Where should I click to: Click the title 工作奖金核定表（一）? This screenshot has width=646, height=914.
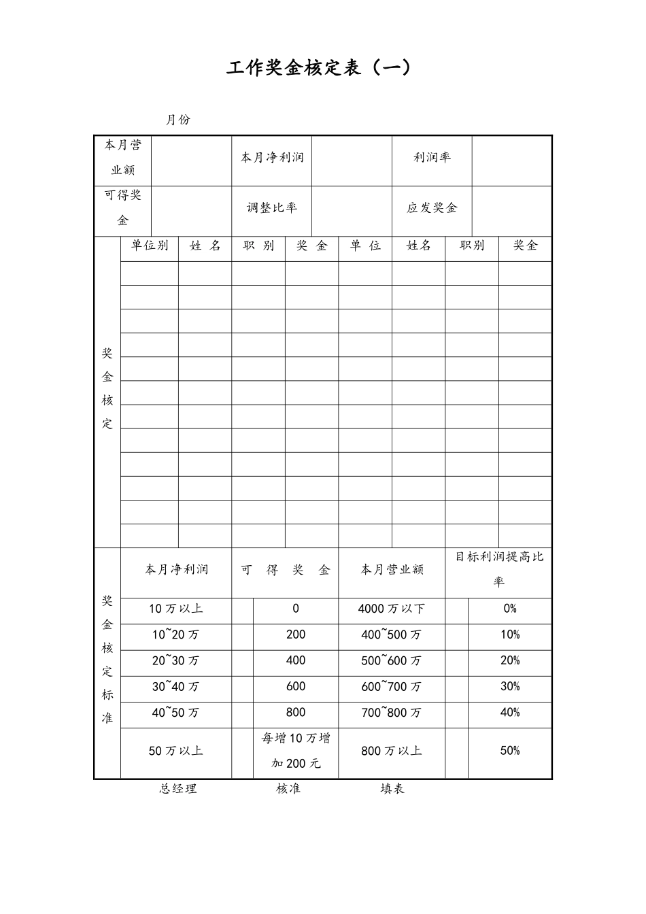pos(319,69)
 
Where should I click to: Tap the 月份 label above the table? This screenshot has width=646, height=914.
pos(178,120)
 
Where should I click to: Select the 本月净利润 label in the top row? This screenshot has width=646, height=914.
pos(272,158)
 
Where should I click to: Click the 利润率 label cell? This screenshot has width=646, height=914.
pos(432,158)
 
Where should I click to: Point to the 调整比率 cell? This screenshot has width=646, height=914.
pos(272,208)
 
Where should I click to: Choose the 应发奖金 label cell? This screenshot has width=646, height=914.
pos(432,208)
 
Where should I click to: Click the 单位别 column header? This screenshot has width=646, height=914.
pos(150,246)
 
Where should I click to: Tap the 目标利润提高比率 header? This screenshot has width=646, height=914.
pos(499,569)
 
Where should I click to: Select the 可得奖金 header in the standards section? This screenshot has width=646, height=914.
pos(285,570)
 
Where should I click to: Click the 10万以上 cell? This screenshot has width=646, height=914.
pos(176,609)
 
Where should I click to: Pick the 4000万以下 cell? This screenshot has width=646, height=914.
pos(392,609)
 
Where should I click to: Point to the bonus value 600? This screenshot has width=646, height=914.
pos(296,687)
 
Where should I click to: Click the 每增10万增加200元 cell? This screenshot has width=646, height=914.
pos(296,751)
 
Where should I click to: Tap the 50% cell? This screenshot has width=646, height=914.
pos(510,751)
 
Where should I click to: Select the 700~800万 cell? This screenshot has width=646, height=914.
pos(392,713)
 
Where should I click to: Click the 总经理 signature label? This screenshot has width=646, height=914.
pos(178,789)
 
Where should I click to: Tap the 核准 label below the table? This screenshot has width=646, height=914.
pos(288,789)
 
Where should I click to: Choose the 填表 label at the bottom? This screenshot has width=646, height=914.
pos(392,789)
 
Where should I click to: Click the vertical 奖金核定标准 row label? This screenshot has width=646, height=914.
pos(107,660)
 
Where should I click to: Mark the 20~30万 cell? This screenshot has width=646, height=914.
pos(176,661)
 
